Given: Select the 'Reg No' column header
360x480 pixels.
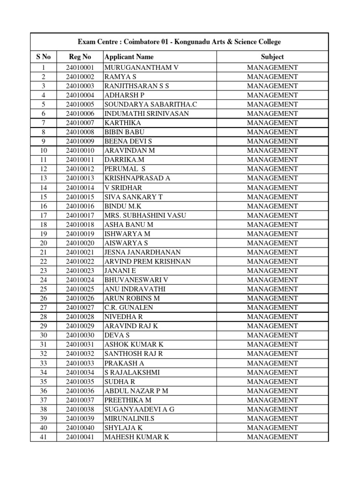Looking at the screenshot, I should click(x=80, y=57).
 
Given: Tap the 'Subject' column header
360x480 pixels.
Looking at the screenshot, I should click(x=272, y=57).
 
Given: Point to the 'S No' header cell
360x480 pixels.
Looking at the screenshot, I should click(x=43, y=57).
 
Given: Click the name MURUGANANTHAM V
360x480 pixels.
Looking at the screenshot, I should click(x=141, y=67).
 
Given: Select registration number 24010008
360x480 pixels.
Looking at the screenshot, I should click(x=80, y=132).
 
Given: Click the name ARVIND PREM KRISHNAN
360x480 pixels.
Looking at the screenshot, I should click(x=147, y=262).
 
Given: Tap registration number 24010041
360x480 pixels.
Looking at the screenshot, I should click(x=80, y=437).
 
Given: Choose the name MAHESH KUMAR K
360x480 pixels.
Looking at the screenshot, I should click(x=136, y=437).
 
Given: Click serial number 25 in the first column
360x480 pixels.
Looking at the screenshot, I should click(x=43, y=289).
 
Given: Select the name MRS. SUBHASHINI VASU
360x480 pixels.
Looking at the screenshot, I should click(x=145, y=215).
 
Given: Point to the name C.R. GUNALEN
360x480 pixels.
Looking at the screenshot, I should click(x=128, y=307).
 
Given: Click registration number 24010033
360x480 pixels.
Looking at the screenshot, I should click(x=80, y=363).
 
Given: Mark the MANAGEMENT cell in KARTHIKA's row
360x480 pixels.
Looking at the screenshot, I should click(x=272, y=123).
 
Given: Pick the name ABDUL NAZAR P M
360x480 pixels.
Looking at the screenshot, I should click(x=136, y=391).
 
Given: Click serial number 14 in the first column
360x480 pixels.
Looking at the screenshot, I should click(x=43, y=187).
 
